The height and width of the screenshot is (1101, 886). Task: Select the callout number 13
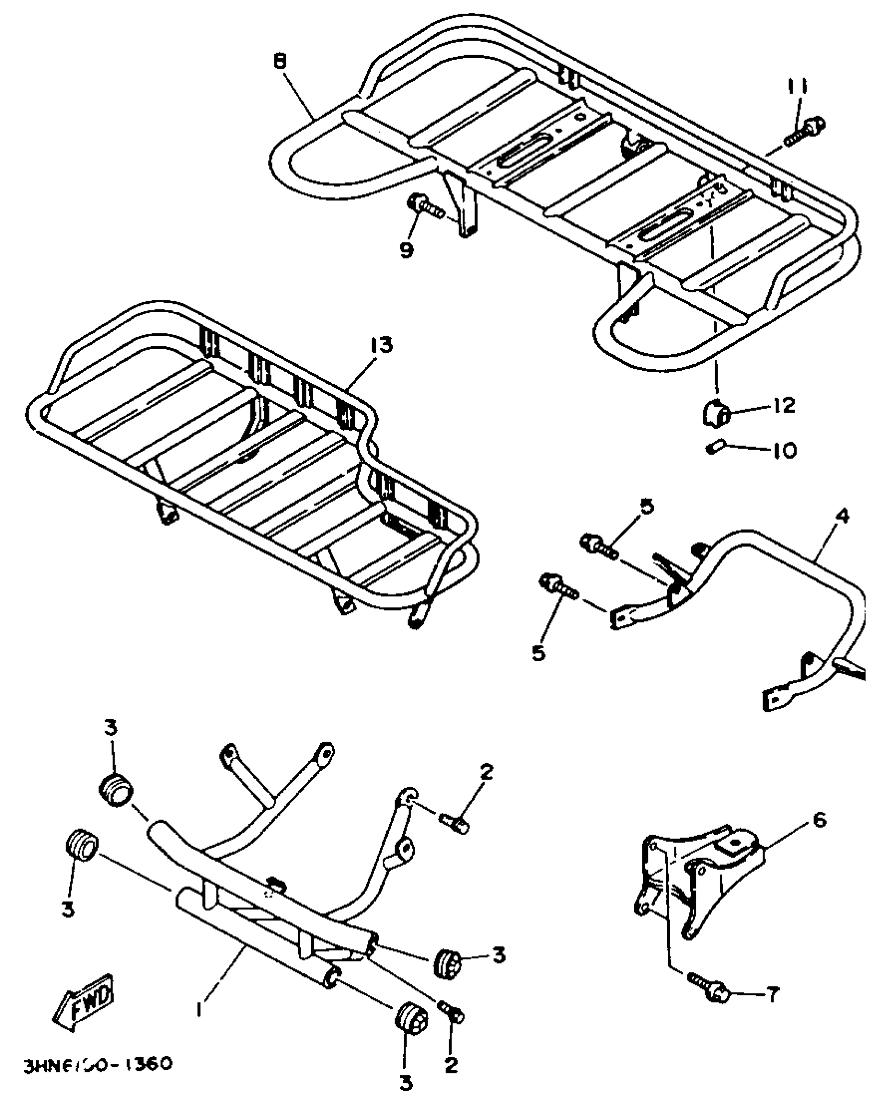[x=382, y=345]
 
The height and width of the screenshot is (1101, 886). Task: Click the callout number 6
[x=819, y=806]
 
